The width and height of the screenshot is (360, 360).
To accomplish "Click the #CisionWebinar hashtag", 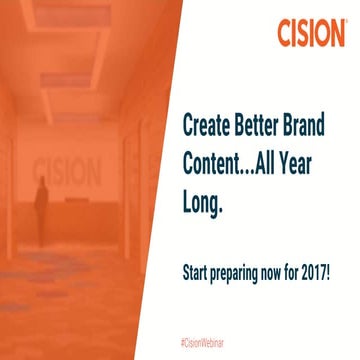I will [x=213, y=343].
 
